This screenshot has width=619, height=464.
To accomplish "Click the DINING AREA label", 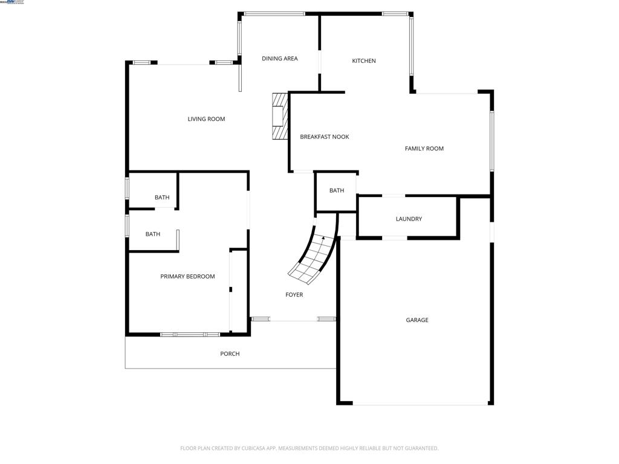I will pos(279,59).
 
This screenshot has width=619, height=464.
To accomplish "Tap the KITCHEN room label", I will pos(364,61).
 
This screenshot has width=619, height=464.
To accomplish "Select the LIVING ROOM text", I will pos(206,119).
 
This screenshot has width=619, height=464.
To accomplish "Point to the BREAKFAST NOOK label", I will pos(325,137).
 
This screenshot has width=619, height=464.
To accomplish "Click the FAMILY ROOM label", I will pos(424,149).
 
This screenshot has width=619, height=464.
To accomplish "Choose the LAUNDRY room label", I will pos(409,219).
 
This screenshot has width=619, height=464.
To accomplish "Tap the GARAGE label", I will pos(417,320).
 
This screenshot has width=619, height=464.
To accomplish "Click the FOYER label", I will pos(294,295).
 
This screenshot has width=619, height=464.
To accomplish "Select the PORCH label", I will pos(230,354).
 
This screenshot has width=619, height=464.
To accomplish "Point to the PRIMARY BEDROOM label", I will pos(187,277).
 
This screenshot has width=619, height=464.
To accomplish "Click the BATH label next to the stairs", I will pos(337,191).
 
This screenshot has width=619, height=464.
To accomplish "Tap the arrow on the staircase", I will pos(323,239).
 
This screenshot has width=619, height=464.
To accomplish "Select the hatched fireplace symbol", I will pos(279,116).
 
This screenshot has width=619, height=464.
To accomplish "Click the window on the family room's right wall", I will pos(492,141).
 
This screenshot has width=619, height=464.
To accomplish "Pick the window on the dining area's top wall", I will pos(274,13).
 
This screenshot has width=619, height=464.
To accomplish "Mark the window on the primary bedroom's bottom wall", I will pos(190,334).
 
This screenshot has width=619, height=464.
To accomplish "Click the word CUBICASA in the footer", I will pos(251,448).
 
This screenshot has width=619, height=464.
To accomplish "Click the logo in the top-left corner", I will pos(12,2).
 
